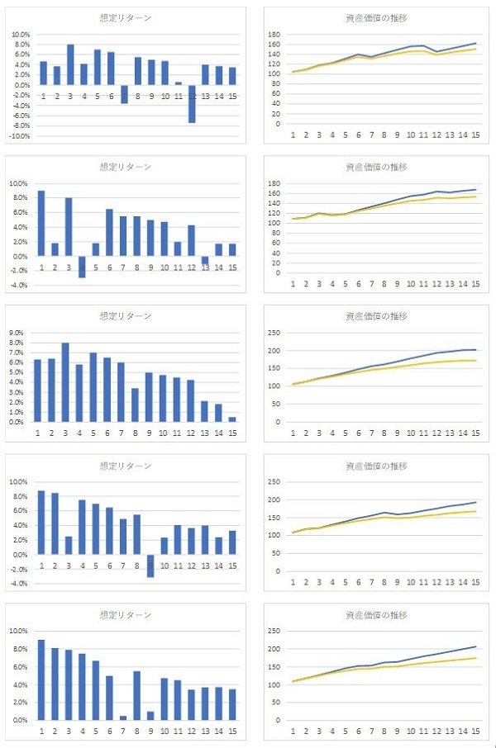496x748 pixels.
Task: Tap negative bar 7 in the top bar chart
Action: pyautogui.click(x=124, y=93)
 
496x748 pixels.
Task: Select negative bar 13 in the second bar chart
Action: pyautogui.click(x=205, y=260)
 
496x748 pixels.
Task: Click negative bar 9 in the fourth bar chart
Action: pyautogui.click(x=150, y=565)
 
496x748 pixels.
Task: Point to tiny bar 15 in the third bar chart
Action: pyautogui.click(x=232, y=419)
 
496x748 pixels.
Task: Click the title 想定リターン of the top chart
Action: pyautogui.click(x=125, y=17)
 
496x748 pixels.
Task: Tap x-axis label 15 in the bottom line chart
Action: pyautogui.click(x=475, y=730)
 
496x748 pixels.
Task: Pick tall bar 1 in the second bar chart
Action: pyautogui.click(x=41, y=224)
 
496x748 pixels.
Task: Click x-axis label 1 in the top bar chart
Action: pyautogui.click(x=43, y=97)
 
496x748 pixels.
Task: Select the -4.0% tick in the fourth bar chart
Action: pyautogui.click(x=20, y=584)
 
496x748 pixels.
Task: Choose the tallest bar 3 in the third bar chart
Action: pyautogui.click(x=64, y=382)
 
